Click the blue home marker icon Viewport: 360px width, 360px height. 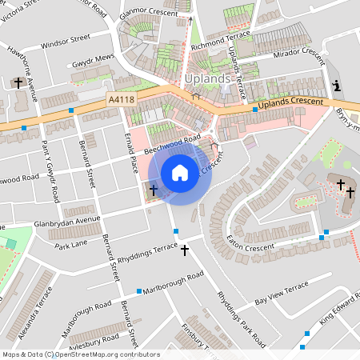pos(180,172)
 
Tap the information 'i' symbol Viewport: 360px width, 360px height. pos(336,86)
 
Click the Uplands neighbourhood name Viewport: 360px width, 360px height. pos(207,79)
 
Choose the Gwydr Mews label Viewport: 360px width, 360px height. pos(94,60)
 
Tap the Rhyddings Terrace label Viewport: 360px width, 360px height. pos(148,256)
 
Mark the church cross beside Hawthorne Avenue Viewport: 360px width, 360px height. pos(18,82)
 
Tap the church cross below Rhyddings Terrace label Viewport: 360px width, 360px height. pos(185,250)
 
